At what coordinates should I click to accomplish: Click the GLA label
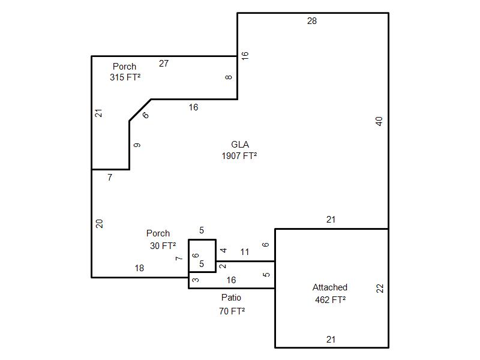[x=240, y=145]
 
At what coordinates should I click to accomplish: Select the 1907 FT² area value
[x=239, y=156]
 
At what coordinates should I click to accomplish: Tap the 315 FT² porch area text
[x=125, y=77]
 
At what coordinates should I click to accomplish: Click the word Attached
[x=330, y=287]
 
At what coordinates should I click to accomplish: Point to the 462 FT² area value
[x=330, y=299]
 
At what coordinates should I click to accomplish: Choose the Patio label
[x=231, y=298]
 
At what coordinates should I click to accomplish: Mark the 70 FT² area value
[x=232, y=311]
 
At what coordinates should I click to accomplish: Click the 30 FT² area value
[x=163, y=245]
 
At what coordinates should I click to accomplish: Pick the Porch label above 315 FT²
[x=124, y=67]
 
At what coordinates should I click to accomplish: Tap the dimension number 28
[x=312, y=21]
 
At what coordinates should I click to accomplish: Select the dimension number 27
[x=163, y=63]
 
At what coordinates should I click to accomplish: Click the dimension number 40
[x=379, y=121]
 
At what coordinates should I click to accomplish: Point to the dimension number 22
[x=379, y=288]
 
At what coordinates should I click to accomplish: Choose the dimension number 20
[x=100, y=223]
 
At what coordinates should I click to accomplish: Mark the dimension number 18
[x=139, y=269]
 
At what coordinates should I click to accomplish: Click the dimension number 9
[x=137, y=145]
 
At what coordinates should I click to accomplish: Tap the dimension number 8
[x=229, y=77]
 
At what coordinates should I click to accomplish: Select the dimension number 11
[x=245, y=252]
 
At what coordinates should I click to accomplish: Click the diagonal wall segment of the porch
[x=140, y=110]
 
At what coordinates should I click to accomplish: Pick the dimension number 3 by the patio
[x=196, y=280]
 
